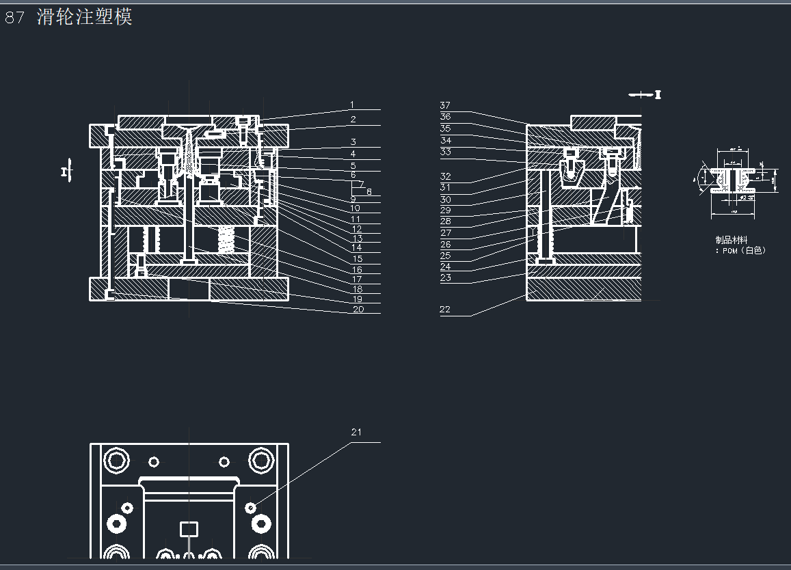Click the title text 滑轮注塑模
pos(85,17)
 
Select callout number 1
pos(352,105)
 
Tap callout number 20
pos(358,309)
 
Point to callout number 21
pos(356,432)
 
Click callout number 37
pos(445,105)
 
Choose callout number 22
pos(445,310)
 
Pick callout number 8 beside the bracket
pos(369,192)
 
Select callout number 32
pos(445,176)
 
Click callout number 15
pos(357,259)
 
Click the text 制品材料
pos(731,240)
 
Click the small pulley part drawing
pos(734,180)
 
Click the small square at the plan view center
pos(189,528)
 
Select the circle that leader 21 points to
pos(251,506)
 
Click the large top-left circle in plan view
pos(117,459)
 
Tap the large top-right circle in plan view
pos(260,459)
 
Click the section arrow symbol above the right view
pos(645,94)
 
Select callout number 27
pos(445,233)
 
